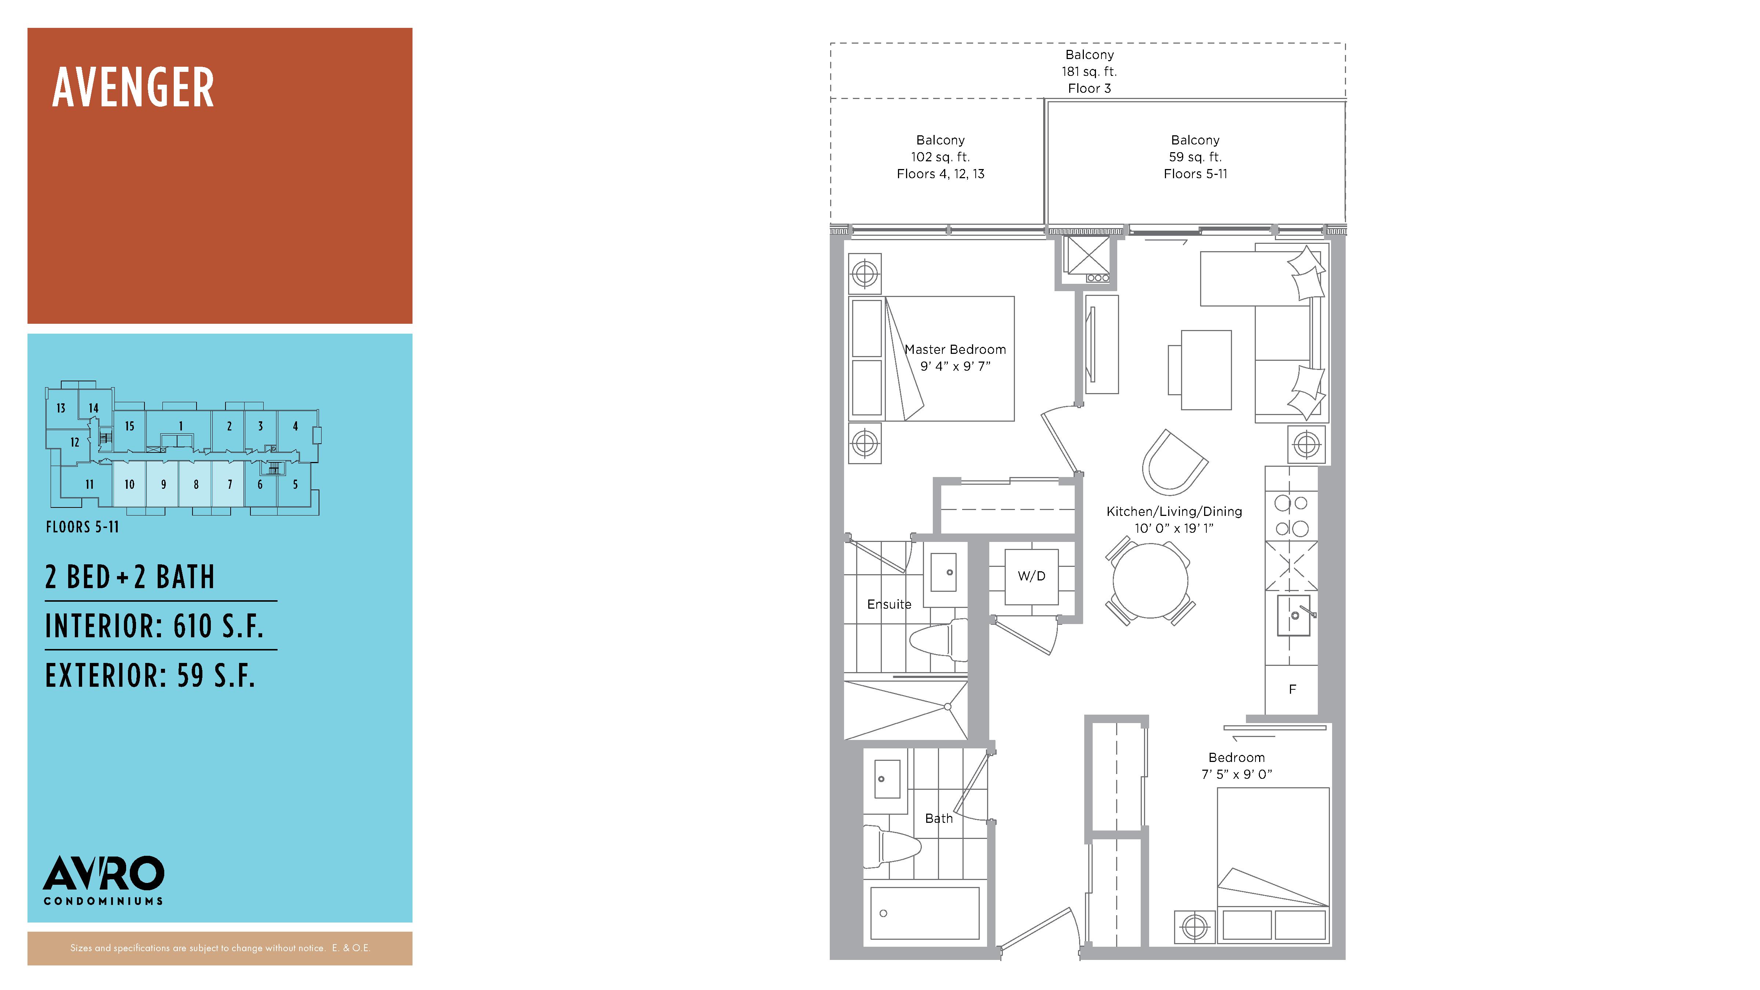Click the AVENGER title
point(133,88)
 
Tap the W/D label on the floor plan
point(1031,576)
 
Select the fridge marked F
point(1291,689)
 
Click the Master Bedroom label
point(955,349)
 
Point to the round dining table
point(1151,581)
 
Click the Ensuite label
point(889,604)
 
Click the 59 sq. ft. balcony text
point(1195,157)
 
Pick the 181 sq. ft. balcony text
point(1089,71)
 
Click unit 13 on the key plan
point(61,408)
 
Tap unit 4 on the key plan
point(295,426)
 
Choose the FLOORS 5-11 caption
point(82,527)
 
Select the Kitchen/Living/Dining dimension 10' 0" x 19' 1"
point(1174,528)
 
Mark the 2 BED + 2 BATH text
point(130,577)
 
